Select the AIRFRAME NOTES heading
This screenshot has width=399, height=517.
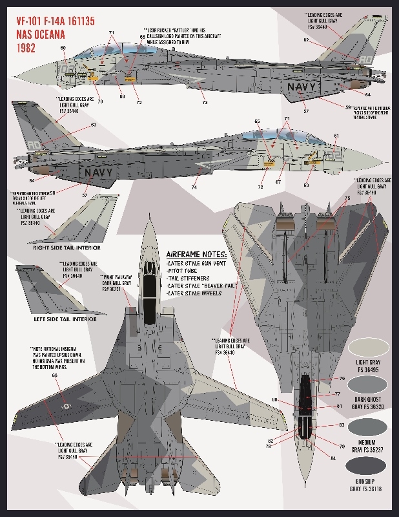click(x=197, y=254)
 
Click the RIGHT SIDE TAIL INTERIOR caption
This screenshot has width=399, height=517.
click(x=66, y=247)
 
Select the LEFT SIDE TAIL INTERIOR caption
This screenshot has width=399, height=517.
click(x=65, y=319)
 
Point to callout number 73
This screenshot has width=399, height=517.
click(x=205, y=102)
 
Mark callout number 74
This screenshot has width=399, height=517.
click(x=194, y=187)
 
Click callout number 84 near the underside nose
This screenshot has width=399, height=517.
click(x=333, y=458)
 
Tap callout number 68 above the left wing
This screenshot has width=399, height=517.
click(x=54, y=375)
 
